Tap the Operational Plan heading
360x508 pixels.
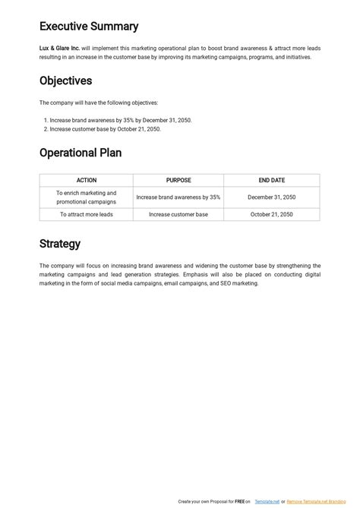[x=81, y=153]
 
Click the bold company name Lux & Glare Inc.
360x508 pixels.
[x=59, y=47]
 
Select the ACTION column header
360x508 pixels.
[x=86, y=181]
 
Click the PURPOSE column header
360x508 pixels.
[x=178, y=181]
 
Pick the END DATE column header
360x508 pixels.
[x=271, y=181]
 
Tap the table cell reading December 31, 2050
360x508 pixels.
[x=271, y=197]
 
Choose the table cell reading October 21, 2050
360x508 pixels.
[x=271, y=215]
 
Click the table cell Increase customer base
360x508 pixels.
[x=178, y=215]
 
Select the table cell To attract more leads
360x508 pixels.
[x=86, y=215]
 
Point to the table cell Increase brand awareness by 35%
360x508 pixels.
[x=178, y=197]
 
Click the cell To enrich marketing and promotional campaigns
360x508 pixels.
[x=86, y=197]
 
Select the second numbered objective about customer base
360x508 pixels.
[x=106, y=129]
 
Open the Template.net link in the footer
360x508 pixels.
[x=266, y=502]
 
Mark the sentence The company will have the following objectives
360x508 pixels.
[x=99, y=103]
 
